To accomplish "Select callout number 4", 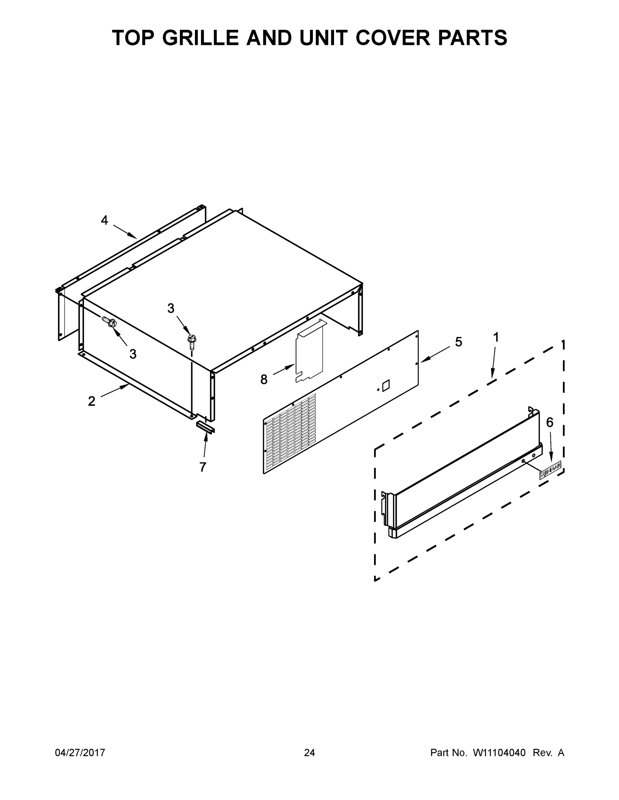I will click(x=104, y=221).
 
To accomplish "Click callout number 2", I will click(x=92, y=401).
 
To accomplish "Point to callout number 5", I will click(x=458, y=342).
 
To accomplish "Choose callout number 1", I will click(x=496, y=337).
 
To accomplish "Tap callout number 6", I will click(x=550, y=422).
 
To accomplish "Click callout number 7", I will click(x=203, y=467).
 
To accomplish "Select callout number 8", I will click(x=264, y=379).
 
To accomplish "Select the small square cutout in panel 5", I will click(x=386, y=386).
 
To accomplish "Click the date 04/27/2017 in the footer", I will click(x=80, y=752).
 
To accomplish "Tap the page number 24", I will click(x=309, y=752).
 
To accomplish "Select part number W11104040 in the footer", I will click(x=499, y=752).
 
